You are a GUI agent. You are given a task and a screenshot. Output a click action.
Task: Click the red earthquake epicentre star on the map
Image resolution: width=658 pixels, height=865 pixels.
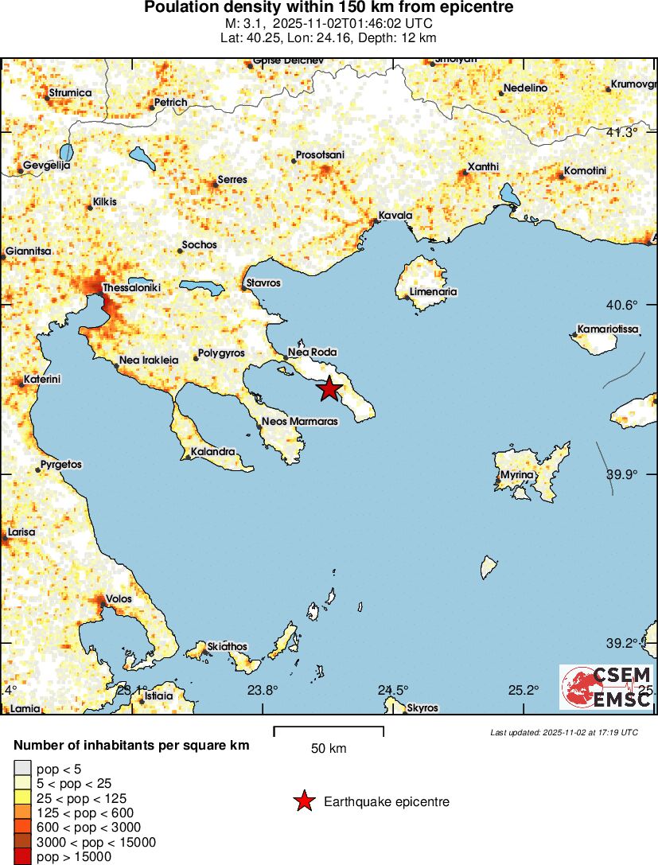(329, 388)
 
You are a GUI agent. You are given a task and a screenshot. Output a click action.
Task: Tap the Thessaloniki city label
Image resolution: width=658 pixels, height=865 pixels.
(132, 286)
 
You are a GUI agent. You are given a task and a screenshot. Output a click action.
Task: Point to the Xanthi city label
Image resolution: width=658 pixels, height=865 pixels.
(483, 166)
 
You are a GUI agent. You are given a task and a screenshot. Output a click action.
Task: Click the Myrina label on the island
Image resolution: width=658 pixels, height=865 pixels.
(517, 476)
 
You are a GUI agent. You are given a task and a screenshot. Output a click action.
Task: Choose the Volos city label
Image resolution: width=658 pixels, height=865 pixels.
(119, 599)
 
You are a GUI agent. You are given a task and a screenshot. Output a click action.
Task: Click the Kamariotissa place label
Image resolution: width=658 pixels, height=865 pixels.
(609, 329)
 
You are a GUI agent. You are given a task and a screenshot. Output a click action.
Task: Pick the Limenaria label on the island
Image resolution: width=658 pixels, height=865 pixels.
(434, 292)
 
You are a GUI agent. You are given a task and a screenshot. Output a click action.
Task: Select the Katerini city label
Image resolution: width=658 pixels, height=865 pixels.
(42, 379)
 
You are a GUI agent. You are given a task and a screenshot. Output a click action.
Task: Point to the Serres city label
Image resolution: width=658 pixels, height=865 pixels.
(232, 180)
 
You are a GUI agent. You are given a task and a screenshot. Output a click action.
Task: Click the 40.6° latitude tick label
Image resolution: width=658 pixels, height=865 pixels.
(622, 305)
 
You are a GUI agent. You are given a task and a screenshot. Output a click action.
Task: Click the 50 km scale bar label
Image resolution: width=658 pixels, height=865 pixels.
(329, 749)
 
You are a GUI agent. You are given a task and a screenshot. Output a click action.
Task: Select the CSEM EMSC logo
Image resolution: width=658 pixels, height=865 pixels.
(606, 687)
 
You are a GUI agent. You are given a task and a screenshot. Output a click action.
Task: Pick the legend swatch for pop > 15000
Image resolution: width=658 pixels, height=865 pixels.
(22, 857)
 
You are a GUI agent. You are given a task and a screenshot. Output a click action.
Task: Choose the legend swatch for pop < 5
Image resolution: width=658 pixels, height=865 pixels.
(22, 768)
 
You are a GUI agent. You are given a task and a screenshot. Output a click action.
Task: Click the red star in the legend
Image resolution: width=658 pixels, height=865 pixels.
(304, 801)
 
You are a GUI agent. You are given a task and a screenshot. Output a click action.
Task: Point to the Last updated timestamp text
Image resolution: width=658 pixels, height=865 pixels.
(564, 732)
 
